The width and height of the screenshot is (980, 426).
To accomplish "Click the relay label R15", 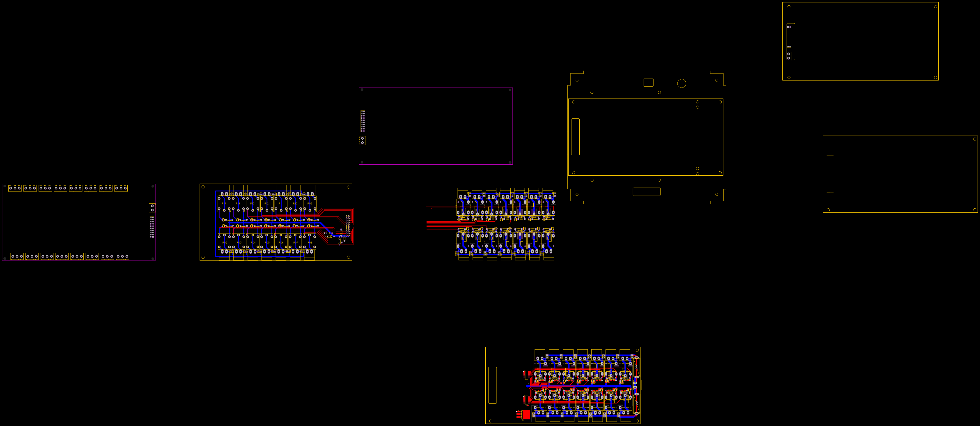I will pos(224,204).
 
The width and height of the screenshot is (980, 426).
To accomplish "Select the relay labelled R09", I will pos(310,204).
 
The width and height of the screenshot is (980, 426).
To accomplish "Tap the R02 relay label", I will pos(225,242).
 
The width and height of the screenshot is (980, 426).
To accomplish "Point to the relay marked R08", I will pos(310,242).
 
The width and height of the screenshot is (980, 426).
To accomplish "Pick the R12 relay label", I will pos(266,204).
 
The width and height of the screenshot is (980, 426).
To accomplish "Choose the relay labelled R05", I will pos(267,242).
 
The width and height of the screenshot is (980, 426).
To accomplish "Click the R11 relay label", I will pos(280,204).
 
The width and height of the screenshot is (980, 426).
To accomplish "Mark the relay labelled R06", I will pos(281,242).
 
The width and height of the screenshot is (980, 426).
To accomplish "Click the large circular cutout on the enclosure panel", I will pos(681,83).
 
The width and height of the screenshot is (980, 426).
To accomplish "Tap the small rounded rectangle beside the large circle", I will pos(648,83).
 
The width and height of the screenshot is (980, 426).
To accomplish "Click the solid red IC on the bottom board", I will pos(526,414).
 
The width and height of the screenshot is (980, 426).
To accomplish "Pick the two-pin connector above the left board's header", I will pos(152,207).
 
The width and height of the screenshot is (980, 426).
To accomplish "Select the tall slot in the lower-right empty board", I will pos(830,174).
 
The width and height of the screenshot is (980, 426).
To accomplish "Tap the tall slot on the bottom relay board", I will pos(492,385).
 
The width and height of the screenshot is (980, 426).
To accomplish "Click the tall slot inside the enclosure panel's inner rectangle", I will pos(575,137).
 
